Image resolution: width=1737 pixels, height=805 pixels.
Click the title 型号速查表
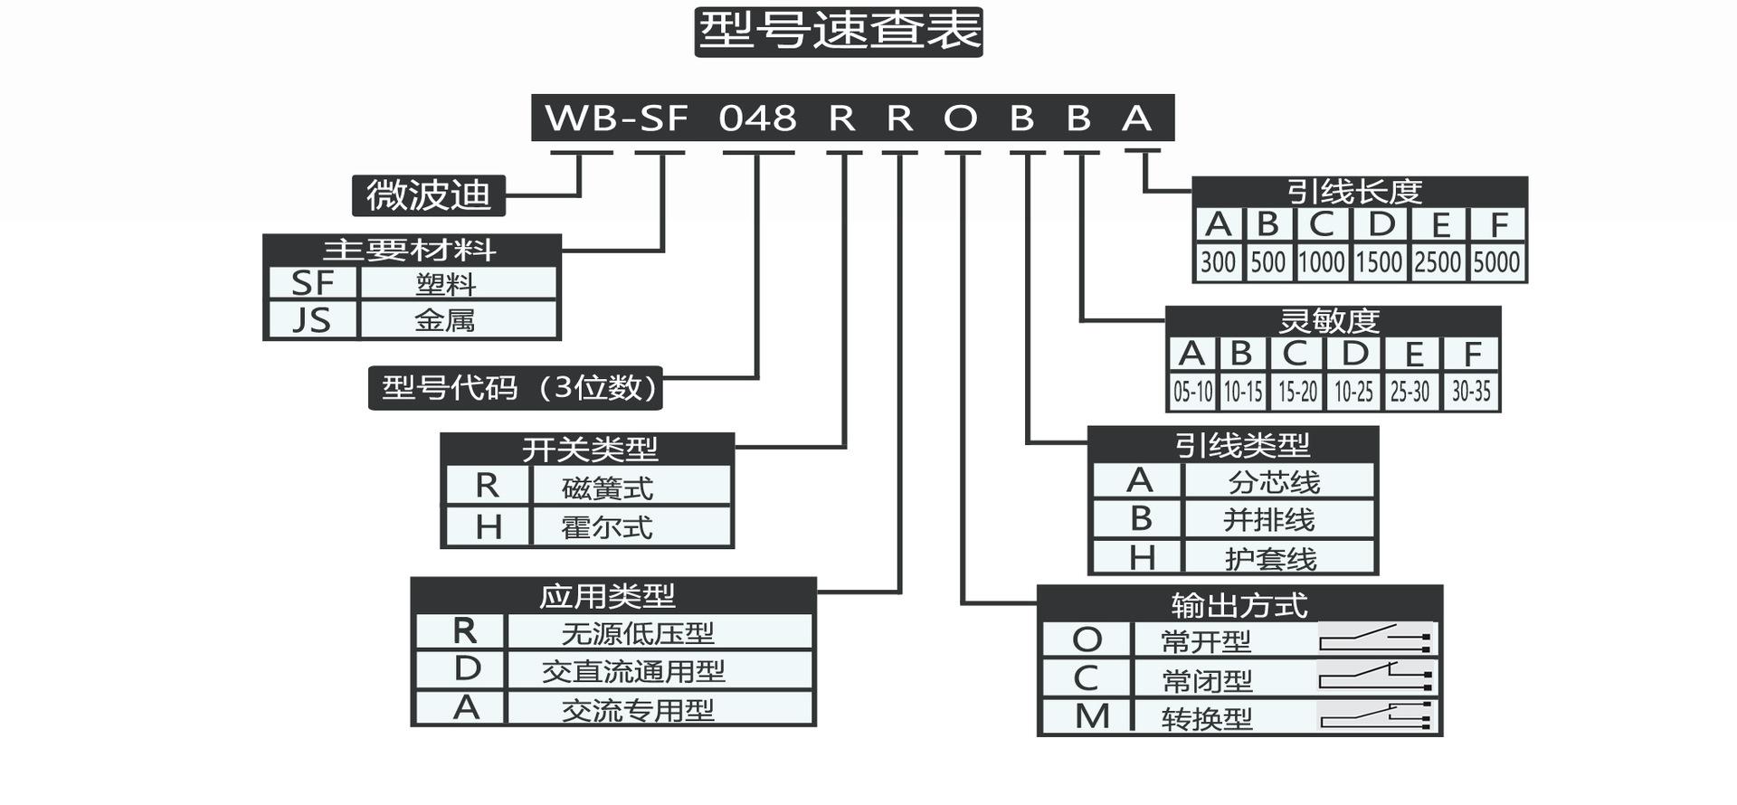839,32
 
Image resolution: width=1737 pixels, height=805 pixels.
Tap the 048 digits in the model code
757,118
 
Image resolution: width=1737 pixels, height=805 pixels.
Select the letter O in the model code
961,118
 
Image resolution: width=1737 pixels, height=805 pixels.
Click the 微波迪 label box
428,195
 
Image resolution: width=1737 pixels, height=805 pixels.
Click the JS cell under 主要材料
312,319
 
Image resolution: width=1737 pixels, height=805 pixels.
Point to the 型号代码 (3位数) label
516,388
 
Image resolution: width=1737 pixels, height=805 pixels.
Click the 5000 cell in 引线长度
1495,262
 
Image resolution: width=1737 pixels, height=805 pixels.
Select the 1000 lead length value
1322,262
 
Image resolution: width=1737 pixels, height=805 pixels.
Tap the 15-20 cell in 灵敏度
1297,392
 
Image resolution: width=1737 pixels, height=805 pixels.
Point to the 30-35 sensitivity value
1471,392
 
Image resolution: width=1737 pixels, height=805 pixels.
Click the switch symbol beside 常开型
1374,639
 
